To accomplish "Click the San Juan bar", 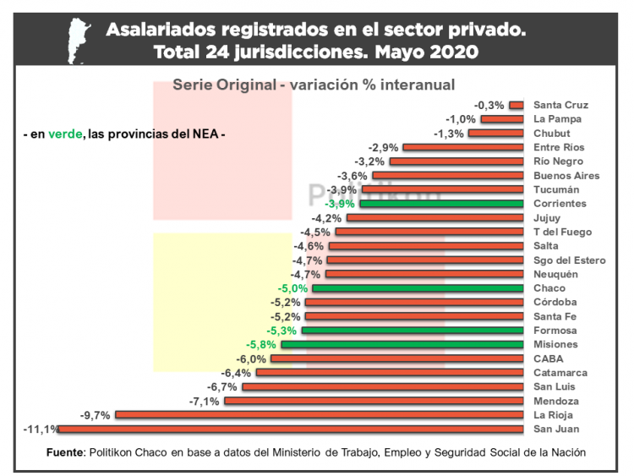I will (292, 429).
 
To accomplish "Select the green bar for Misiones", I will (404, 344).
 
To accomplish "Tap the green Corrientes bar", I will (444, 204).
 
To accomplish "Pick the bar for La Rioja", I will (321, 415).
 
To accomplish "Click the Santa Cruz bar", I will (518, 105).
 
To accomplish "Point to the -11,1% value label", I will (41, 429).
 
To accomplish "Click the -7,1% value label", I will (205, 401).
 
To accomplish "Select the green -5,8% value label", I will (262, 344).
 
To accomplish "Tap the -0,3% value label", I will (489, 105).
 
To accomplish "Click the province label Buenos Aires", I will (566, 176).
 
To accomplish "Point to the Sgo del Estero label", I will (570, 260).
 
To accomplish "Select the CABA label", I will (549, 358).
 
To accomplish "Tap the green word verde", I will (65, 134).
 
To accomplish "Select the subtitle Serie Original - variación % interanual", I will (314, 85).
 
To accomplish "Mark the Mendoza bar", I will (376, 401).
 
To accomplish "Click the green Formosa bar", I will (414, 331).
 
